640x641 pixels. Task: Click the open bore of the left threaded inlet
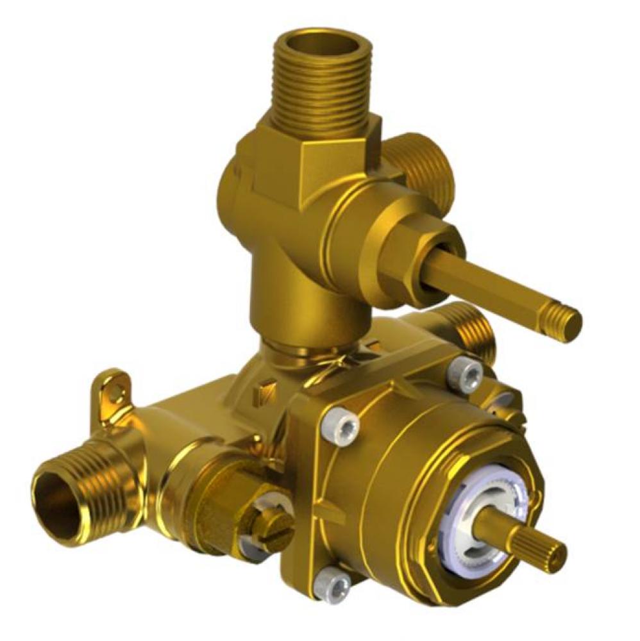(x=55, y=496)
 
